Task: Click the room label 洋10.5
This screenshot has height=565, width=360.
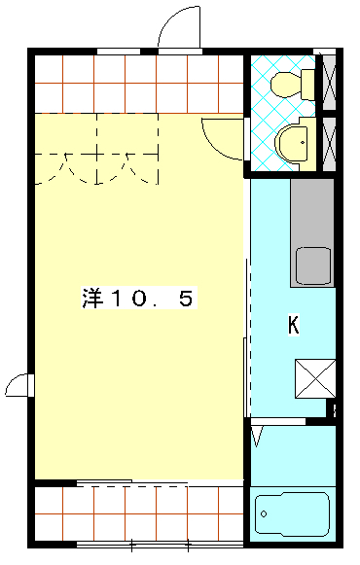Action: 137,300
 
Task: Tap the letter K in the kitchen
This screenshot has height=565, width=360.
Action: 292,325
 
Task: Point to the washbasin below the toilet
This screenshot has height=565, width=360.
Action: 293,145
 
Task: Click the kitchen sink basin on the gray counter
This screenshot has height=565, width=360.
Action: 313,265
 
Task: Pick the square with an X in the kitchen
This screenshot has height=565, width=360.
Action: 315,377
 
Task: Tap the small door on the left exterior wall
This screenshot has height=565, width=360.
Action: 18,386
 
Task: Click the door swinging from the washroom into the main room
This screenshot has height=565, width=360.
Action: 223,137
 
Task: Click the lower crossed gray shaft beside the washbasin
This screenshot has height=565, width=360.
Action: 330,144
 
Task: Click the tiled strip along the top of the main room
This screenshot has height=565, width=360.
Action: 136,84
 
